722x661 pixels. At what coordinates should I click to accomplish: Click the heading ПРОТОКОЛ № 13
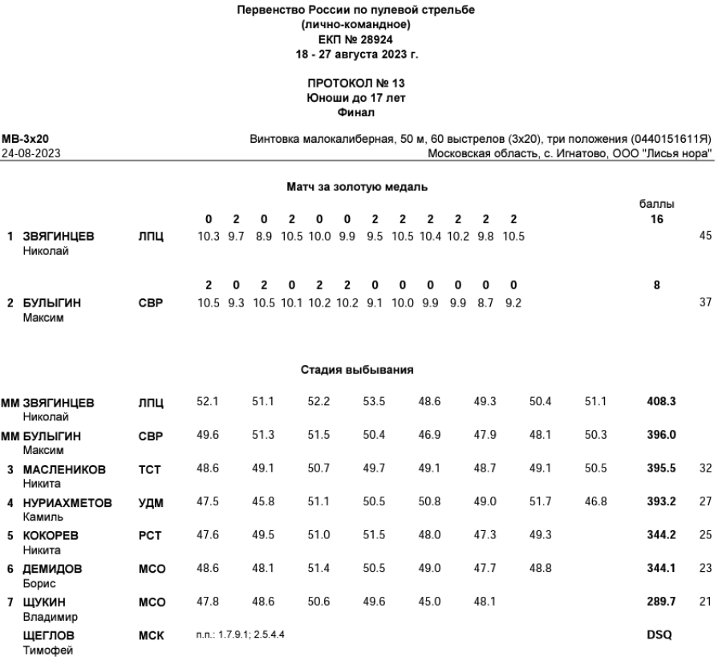pos(360,83)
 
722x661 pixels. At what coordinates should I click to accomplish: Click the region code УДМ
pos(150,502)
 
